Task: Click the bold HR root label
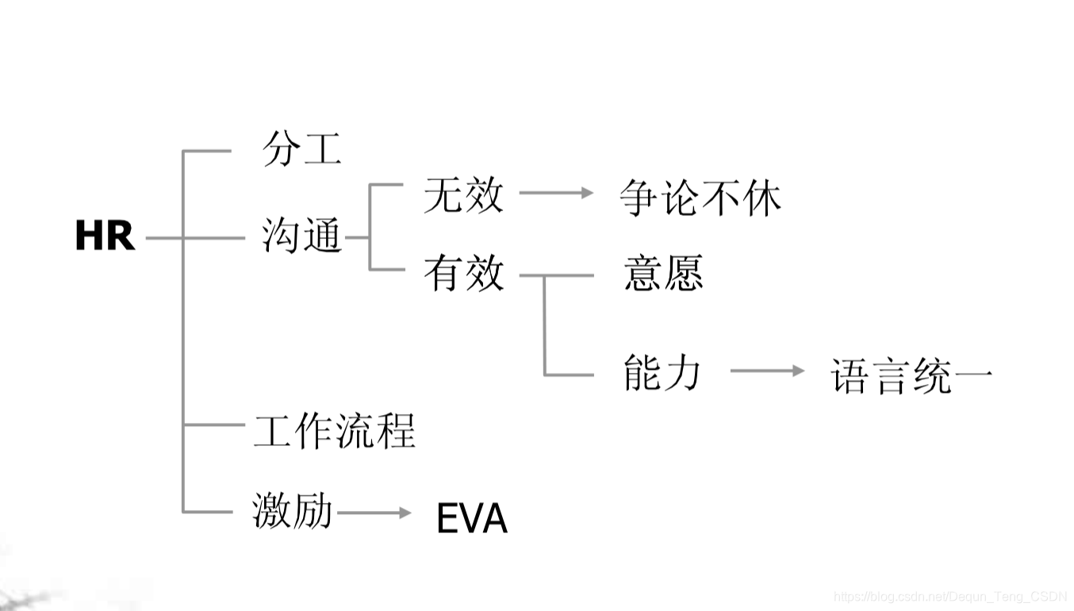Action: [105, 236]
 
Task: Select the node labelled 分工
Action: [301, 149]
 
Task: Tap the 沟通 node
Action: [301, 236]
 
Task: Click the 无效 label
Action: [463, 194]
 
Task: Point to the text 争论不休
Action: [700, 198]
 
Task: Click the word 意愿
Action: [663, 274]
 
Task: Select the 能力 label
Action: [662, 372]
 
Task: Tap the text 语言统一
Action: [911, 375]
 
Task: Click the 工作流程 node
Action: [335, 431]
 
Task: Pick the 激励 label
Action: [292, 510]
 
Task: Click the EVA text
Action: [472, 519]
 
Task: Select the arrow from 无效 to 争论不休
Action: [556, 192]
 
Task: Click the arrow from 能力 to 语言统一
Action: [767, 371]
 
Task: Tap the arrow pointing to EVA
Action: [374, 513]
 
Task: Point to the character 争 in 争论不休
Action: [641, 198]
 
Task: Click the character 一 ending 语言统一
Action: [973, 376]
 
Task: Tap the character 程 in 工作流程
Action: [396, 431]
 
